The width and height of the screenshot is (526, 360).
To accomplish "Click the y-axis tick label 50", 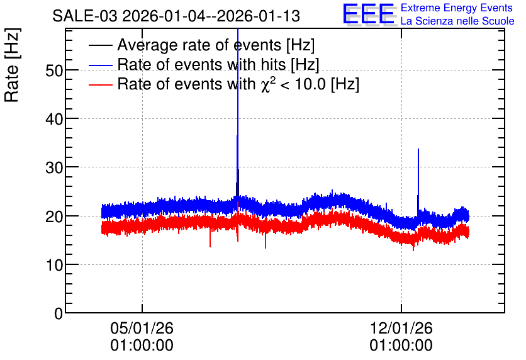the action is (x=54, y=70).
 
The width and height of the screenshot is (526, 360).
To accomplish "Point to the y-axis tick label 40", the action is (x=54, y=119).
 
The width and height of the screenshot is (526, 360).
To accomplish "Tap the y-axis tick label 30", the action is (x=54, y=168).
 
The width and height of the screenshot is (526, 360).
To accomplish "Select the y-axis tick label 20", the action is (x=54, y=217).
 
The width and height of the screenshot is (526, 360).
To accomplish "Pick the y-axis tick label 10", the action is (x=54, y=266).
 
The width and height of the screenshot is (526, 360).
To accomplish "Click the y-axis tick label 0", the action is (x=59, y=313).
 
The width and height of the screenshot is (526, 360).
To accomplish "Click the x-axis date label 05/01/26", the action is (x=142, y=328).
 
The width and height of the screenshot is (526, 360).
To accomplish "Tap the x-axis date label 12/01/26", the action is (x=401, y=328).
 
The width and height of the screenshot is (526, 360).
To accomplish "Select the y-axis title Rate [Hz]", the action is (x=12, y=65).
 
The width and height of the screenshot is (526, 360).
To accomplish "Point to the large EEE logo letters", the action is (x=369, y=14).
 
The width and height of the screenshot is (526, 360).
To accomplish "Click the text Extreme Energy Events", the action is (x=457, y=8).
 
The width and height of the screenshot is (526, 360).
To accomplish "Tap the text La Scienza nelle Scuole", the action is (x=457, y=21).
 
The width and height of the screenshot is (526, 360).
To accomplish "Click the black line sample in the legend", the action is (x=100, y=45).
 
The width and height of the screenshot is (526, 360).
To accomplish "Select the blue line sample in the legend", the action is (x=100, y=65).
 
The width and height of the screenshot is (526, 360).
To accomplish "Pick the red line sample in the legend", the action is (x=100, y=84).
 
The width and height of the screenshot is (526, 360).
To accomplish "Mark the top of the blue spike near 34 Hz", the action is (x=418, y=149).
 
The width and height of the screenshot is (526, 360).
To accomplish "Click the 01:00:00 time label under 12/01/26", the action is (x=401, y=346).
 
